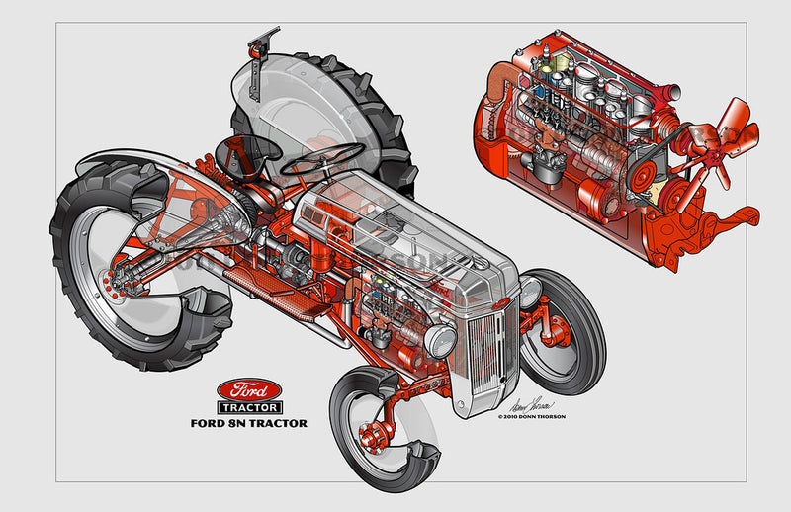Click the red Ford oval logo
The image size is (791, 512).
click(x=249, y=387)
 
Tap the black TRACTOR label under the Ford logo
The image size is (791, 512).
click(x=249, y=406)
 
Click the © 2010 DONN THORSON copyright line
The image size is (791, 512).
click(x=545, y=417)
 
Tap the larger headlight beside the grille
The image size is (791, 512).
click(x=441, y=340)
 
